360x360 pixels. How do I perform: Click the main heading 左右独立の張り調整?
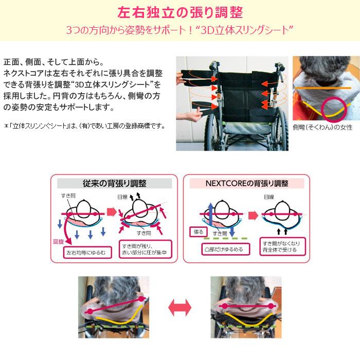tap(180, 12)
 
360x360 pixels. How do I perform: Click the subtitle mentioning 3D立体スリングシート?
tap(180, 30)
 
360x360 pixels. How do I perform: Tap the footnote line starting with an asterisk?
tap(84, 125)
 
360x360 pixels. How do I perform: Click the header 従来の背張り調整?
tap(114, 183)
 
